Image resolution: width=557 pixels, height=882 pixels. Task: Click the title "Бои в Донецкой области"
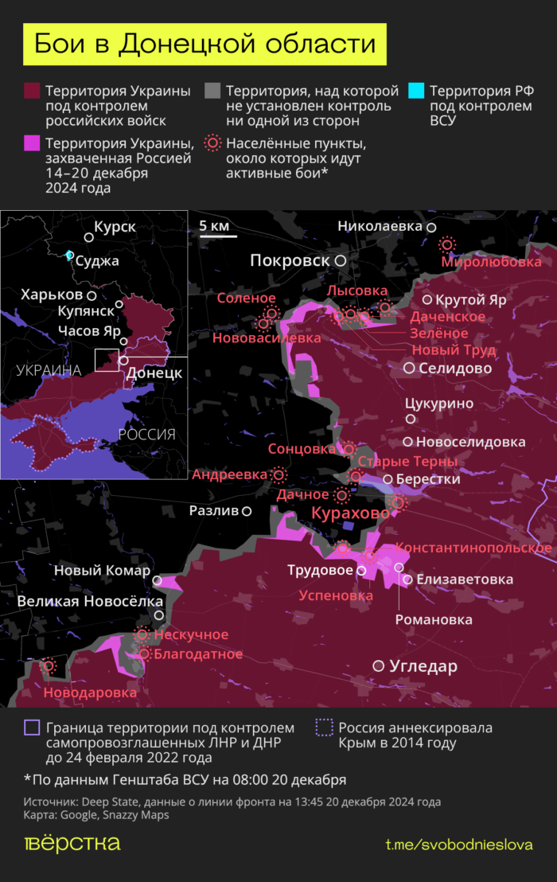pos(204,44)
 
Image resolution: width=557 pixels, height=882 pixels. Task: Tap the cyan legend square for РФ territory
pos(415,90)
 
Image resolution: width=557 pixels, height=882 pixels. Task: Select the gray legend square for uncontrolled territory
pos(212,90)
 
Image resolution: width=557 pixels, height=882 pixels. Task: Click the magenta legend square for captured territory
pos(32,143)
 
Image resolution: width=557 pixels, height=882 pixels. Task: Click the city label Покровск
pos(290,260)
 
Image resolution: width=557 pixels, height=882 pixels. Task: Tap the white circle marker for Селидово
pos(409,368)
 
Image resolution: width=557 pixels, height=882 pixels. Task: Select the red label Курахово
pos(350,513)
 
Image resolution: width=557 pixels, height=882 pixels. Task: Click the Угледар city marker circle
pos(379,665)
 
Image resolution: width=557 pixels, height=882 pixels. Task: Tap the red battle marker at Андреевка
pos(278,474)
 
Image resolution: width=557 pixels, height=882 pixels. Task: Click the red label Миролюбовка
pos(492,262)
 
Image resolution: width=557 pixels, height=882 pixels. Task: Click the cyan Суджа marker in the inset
pos(70,255)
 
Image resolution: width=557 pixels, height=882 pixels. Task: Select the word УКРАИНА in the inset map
pos(48,370)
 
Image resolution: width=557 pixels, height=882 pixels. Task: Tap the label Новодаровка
pos(90,693)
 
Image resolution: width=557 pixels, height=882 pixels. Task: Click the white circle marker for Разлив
pos(247,511)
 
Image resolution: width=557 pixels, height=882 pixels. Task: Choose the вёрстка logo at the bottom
pos(72,844)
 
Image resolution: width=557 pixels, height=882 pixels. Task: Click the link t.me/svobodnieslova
pos(459,845)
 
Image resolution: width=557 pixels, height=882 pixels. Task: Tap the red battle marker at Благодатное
pos(145,654)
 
